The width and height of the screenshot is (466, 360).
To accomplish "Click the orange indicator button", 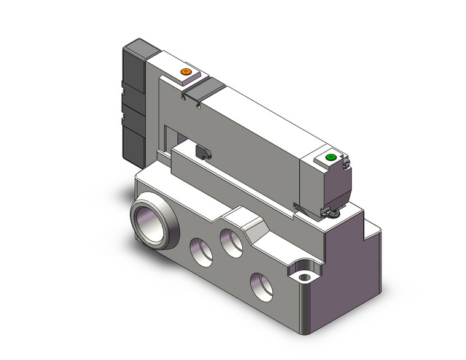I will pyautogui.click(x=186, y=73).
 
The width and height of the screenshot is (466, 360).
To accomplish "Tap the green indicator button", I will pyautogui.click(x=331, y=158).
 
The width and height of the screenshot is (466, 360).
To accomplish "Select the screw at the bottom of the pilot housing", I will pyautogui.click(x=333, y=213).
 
